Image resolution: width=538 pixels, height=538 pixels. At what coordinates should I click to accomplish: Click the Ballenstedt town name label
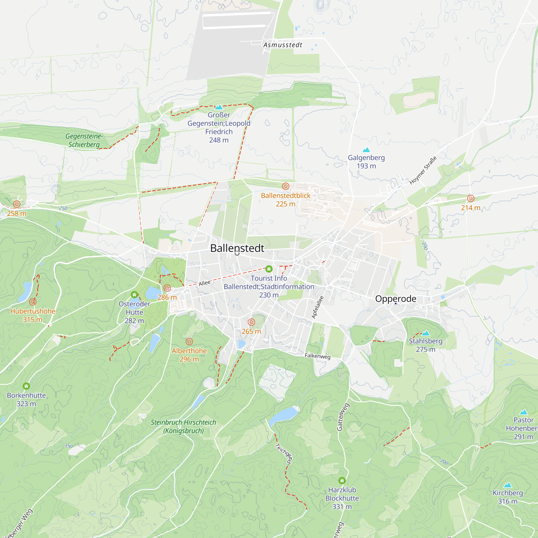(x=237, y=248)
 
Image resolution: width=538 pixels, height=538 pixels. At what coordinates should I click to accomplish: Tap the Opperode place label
(x=396, y=299)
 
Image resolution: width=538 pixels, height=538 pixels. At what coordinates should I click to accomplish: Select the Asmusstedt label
(x=283, y=45)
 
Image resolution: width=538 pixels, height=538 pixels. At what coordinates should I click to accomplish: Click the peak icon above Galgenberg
(x=366, y=150)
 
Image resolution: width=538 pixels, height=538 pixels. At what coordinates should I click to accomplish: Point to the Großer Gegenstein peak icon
(x=219, y=107)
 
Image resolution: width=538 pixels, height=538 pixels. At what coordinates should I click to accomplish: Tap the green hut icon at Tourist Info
(x=269, y=269)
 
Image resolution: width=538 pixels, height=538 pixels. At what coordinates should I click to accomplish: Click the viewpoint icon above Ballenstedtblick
(x=285, y=186)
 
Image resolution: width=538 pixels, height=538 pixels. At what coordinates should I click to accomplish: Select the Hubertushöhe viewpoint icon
(x=33, y=302)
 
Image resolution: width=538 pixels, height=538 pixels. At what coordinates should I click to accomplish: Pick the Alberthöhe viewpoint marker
(x=189, y=341)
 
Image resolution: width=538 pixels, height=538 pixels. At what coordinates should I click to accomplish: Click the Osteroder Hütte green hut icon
(x=134, y=295)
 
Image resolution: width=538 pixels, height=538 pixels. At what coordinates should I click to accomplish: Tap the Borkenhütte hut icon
(x=26, y=386)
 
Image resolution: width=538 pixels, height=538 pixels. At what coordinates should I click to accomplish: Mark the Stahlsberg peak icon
(x=426, y=333)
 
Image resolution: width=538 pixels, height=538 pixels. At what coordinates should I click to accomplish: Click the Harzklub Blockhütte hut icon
(x=342, y=481)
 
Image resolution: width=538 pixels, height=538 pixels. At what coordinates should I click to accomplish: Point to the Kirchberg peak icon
(x=508, y=485)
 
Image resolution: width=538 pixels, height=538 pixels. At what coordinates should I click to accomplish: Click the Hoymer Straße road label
(x=423, y=171)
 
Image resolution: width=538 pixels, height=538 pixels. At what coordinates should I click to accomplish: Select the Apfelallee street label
(x=317, y=307)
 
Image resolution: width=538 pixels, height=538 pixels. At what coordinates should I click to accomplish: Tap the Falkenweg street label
(x=317, y=356)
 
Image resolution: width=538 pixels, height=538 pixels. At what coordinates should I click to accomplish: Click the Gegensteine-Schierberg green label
(x=84, y=140)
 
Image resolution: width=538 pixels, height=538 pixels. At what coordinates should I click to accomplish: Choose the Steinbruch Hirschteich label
(x=183, y=426)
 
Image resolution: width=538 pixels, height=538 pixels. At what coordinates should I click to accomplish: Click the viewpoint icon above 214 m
(x=470, y=199)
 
